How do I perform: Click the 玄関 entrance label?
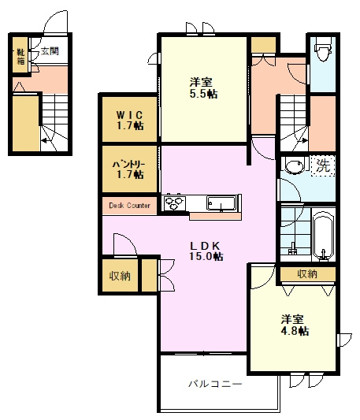point(50,51)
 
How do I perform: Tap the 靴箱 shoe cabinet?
point(20,55)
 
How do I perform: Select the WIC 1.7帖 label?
point(130,121)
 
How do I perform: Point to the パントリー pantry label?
point(130,169)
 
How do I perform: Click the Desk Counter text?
point(129,206)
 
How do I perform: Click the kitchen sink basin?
point(221,203)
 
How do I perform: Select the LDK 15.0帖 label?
point(206,251)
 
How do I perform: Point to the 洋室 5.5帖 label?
point(203,87)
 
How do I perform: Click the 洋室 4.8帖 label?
point(295,325)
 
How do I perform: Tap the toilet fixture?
point(323,50)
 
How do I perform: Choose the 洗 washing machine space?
point(323,165)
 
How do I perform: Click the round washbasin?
point(295,166)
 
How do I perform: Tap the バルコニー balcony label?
point(215,384)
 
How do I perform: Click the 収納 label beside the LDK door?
point(120,275)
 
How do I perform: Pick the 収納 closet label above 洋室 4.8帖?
point(307,273)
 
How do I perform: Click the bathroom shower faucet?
point(292,248)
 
